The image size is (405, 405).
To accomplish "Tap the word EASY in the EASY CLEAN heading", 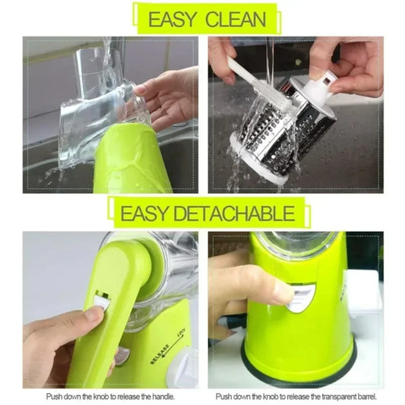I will (172, 19).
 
